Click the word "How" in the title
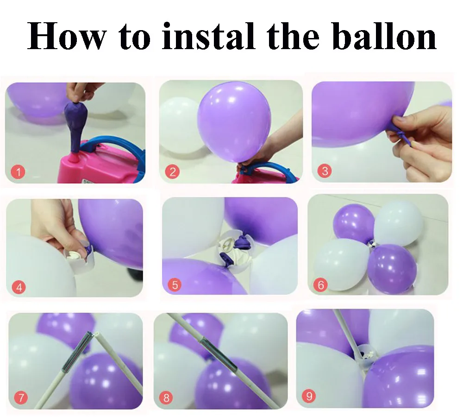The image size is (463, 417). (66, 36)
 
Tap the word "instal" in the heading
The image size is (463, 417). (208, 36)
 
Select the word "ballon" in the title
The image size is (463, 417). (386, 36)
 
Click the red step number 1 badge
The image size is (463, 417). (18, 172)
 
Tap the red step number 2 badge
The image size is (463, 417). (172, 172)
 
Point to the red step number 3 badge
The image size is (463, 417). (325, 171)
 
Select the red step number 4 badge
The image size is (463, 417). (19, 287)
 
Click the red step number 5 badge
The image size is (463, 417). (175, 285)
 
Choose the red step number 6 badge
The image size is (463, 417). (321, 285)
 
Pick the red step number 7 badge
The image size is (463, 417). (21, 398)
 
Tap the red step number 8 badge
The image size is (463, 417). (166, 398)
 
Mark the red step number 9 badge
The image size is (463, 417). (309, 396)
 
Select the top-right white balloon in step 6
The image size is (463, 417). (398, 223)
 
